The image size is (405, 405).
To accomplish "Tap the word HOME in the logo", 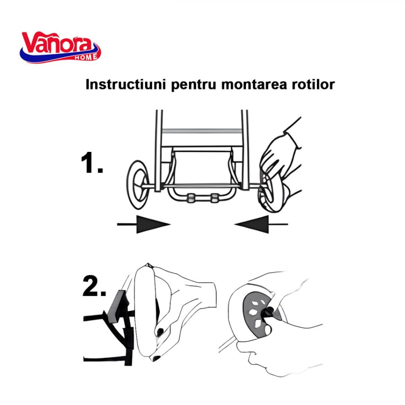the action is (x=86, y=57).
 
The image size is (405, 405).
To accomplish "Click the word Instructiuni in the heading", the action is (x=125, y=84).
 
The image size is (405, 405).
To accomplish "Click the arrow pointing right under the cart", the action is (x=144, y=224).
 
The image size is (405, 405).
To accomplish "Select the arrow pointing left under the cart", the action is (x=261, y=224).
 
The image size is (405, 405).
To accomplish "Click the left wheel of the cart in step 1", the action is (x=138, y=184).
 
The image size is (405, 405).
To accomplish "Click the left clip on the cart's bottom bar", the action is (x=191, y=198).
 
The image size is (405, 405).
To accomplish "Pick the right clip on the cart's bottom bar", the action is (x=215, y=198).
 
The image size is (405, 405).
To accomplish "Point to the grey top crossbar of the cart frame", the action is (x=202, y=131).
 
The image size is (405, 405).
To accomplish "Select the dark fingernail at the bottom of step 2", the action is (x=157, y=358).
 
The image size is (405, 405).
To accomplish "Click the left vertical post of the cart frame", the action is (x=159, y=151).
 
